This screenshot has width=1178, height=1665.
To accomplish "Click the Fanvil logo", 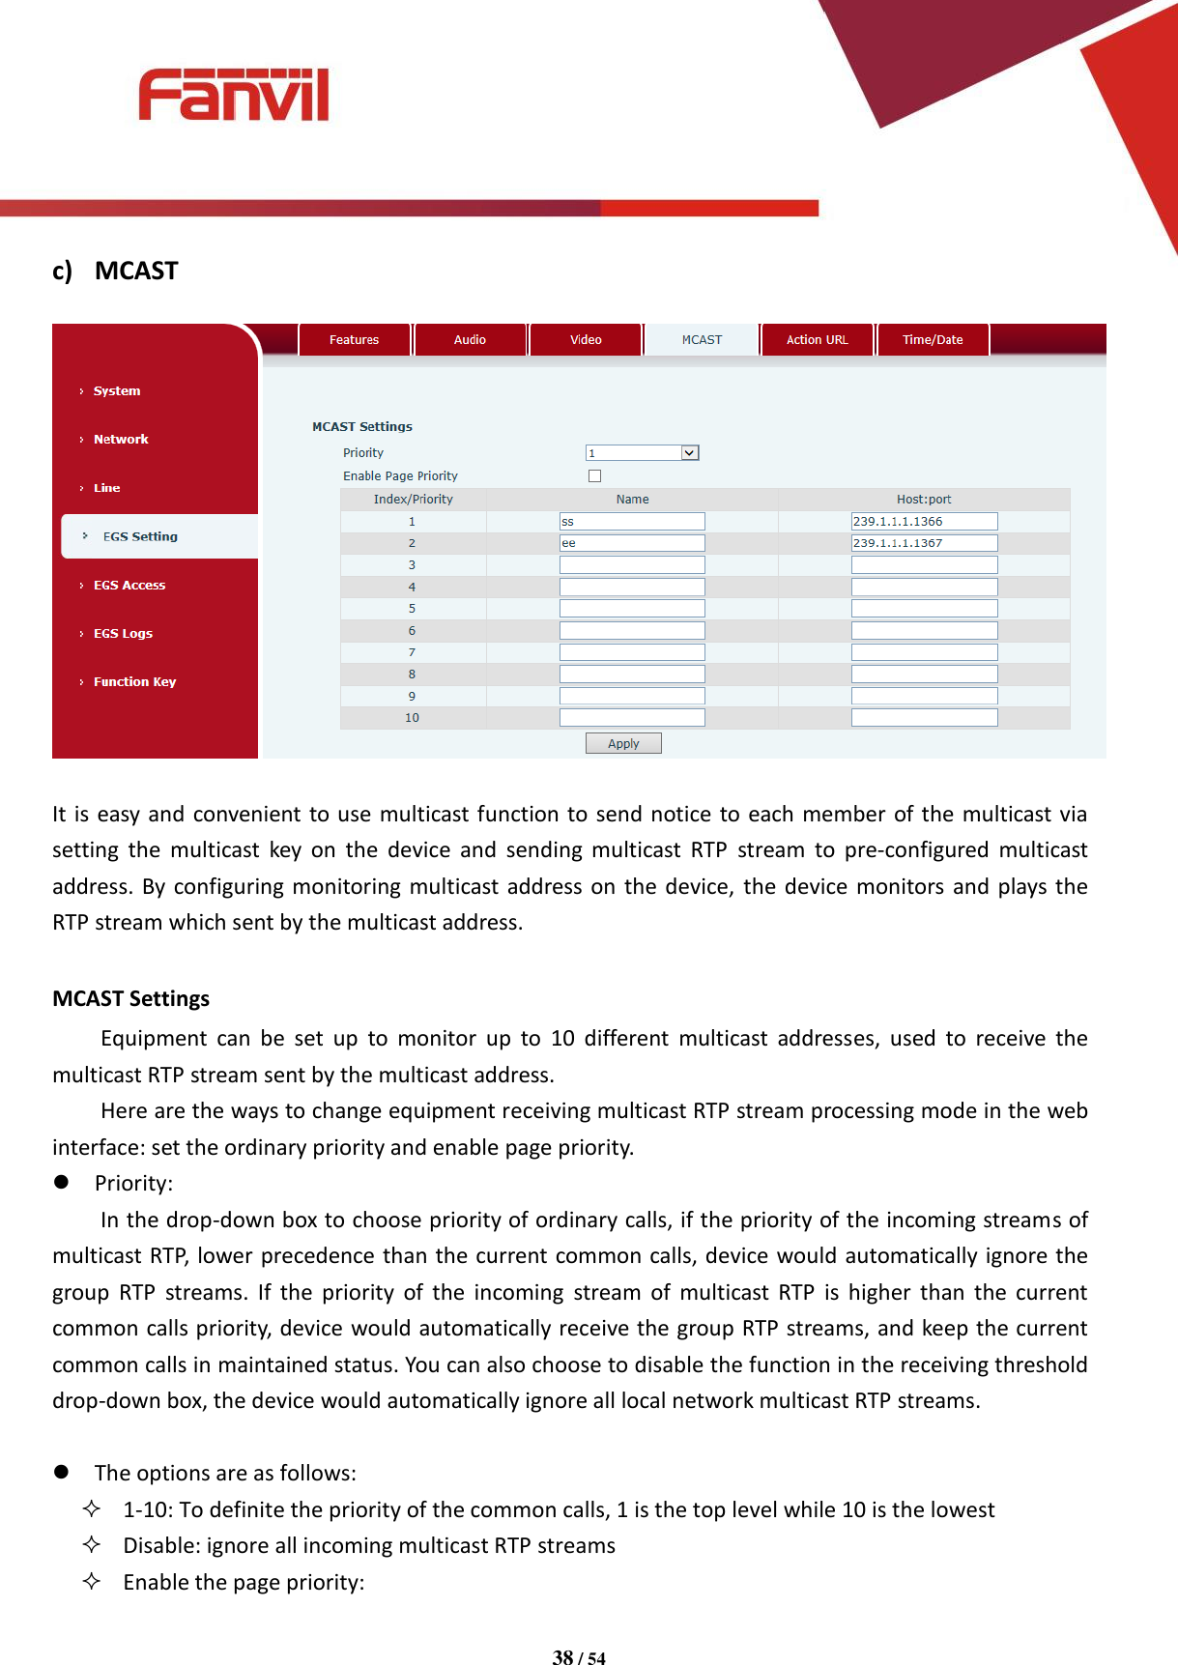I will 234,95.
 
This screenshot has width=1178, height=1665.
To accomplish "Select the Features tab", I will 354,340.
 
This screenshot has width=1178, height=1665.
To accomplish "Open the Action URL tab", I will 817,340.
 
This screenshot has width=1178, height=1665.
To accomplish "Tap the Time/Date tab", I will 933,340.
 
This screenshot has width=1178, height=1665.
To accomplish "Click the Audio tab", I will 470,340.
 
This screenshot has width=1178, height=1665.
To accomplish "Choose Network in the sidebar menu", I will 121,440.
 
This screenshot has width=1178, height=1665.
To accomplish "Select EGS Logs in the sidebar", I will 123,634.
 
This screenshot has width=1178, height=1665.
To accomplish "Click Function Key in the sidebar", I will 134,682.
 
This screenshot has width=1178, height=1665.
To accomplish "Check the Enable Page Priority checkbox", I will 594,476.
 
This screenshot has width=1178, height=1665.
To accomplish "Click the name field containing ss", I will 632,522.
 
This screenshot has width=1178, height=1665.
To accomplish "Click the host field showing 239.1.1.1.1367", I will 924,543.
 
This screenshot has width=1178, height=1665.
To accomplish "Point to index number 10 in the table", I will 412,718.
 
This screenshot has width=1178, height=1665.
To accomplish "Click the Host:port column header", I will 924,500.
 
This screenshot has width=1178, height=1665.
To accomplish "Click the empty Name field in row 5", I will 632,609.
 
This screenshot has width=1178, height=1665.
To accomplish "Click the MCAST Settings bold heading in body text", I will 130,998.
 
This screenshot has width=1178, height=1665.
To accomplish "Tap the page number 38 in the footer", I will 562,1657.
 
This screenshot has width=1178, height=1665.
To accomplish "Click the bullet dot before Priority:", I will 62,1182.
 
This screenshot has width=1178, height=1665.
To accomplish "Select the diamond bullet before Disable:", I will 92,1544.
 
